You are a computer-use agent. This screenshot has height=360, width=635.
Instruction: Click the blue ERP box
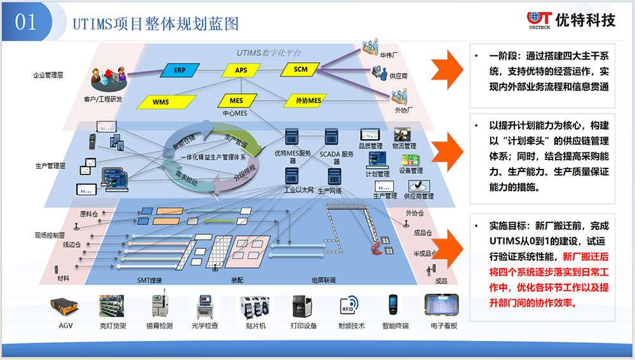pos(180,70)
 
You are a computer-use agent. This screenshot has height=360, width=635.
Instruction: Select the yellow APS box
pos(241,70)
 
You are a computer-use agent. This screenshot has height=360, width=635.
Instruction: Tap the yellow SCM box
pos(301,69)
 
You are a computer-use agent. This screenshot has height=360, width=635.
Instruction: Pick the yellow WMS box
pos(161,102)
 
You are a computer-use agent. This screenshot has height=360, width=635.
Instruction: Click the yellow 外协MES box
pos(309,100)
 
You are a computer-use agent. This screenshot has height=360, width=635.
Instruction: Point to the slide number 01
pos(26,22)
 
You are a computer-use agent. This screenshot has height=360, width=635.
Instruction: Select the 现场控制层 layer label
pos(50,236)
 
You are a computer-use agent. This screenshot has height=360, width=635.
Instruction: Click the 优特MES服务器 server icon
pos(291,138)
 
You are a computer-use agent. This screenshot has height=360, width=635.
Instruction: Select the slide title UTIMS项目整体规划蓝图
pos(156,23)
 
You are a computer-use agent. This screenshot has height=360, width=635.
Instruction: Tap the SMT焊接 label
pos(150,280)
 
